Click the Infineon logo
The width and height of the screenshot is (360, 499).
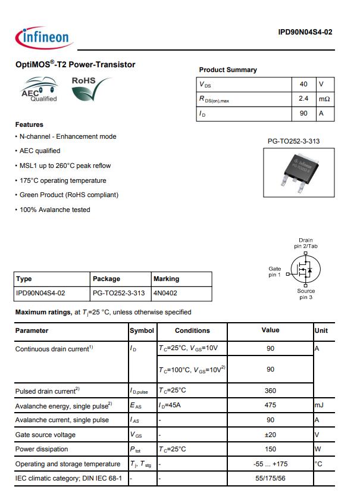click(x=42, y=37)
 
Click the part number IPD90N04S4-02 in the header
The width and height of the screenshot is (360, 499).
click(x=305, y=32)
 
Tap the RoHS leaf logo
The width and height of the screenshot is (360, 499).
click(x=91, y=89)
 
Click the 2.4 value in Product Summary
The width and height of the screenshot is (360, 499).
click(x=303, y=98)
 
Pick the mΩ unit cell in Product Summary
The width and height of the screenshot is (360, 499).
click(x=324, y=98)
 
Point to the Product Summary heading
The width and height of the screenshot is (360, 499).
click(x=228, y=70)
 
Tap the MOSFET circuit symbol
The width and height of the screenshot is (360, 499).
click(x=304, y=271)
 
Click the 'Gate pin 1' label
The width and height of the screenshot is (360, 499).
click(x=274, y=272)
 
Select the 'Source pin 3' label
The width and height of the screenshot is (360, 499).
click(x=306, y=294)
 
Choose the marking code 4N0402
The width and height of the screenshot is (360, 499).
click(x=165, y=293)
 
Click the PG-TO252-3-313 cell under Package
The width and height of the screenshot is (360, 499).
click(x=119, y=293)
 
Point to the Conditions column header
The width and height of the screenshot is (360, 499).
click(x=192, y=330)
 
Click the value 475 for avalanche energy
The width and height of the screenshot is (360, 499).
click(x=270, y=405)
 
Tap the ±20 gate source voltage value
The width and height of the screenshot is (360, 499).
click(x=270, y=435)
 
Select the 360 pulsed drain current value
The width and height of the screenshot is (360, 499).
click(x=270, y=391)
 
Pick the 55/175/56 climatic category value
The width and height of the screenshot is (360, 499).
click(x=270, y=478)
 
